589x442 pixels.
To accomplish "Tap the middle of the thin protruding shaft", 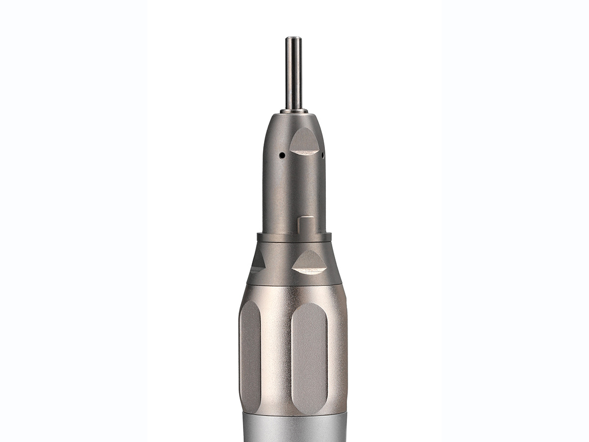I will point(294,74).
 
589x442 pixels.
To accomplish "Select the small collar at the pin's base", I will point(294,110).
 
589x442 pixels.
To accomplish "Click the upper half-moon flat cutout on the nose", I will point(304,142).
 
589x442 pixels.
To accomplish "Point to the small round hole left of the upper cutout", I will point(283,156).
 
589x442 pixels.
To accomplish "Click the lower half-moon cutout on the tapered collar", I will point(309,262).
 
